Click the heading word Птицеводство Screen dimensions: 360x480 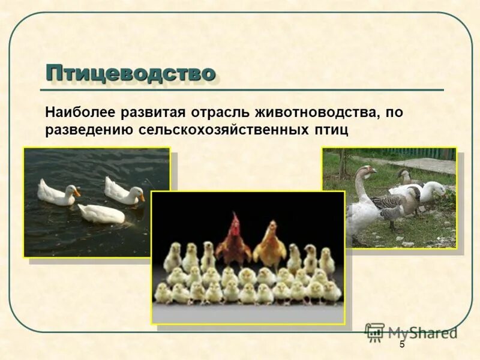pos(130,73)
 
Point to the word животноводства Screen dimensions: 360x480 pos(317,112)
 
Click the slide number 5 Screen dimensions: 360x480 pos(402,344)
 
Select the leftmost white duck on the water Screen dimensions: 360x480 pos(56,193)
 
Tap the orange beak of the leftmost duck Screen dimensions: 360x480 pos(76,192)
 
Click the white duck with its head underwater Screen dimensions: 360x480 pos(101,214)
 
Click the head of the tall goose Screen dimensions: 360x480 pos(367,172)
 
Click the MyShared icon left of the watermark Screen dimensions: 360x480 pos(375,332)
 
